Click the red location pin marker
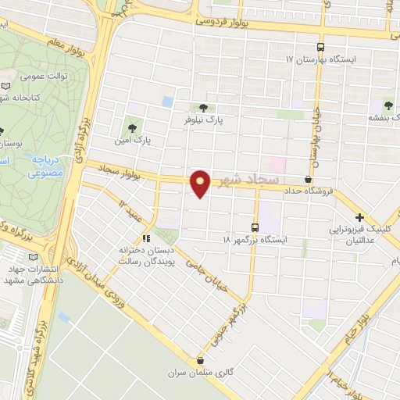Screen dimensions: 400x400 click(x=201, y=183)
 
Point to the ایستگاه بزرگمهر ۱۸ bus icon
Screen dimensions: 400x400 click(x=255, y=227)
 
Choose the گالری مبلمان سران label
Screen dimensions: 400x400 click(x=201, y=374)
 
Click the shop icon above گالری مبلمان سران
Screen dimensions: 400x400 click(x=201, y=361)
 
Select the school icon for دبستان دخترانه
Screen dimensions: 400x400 click(x=145, y=238)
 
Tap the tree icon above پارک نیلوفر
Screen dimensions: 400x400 click(x=203, y=107)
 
